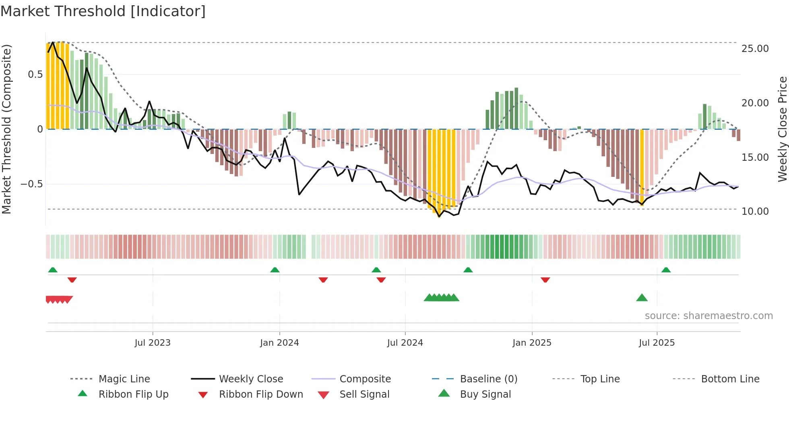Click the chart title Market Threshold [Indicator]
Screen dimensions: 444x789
103,11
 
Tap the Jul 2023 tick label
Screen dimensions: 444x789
153,343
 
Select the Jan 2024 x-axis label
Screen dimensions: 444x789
279,343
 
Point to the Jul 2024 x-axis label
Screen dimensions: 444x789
405,343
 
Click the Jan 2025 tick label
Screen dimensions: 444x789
532,343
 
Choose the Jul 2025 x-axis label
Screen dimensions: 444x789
657,343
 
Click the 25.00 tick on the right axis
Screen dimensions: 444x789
755,49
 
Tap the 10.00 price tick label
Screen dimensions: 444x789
755,212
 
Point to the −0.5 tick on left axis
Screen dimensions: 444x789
31,184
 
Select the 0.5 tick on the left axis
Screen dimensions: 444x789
35,75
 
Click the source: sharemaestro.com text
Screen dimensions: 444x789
708,316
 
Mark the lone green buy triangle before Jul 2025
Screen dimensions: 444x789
642,298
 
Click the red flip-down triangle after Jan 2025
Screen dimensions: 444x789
545,280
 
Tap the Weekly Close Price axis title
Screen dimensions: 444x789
782,129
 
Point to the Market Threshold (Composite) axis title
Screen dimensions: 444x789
6,129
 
